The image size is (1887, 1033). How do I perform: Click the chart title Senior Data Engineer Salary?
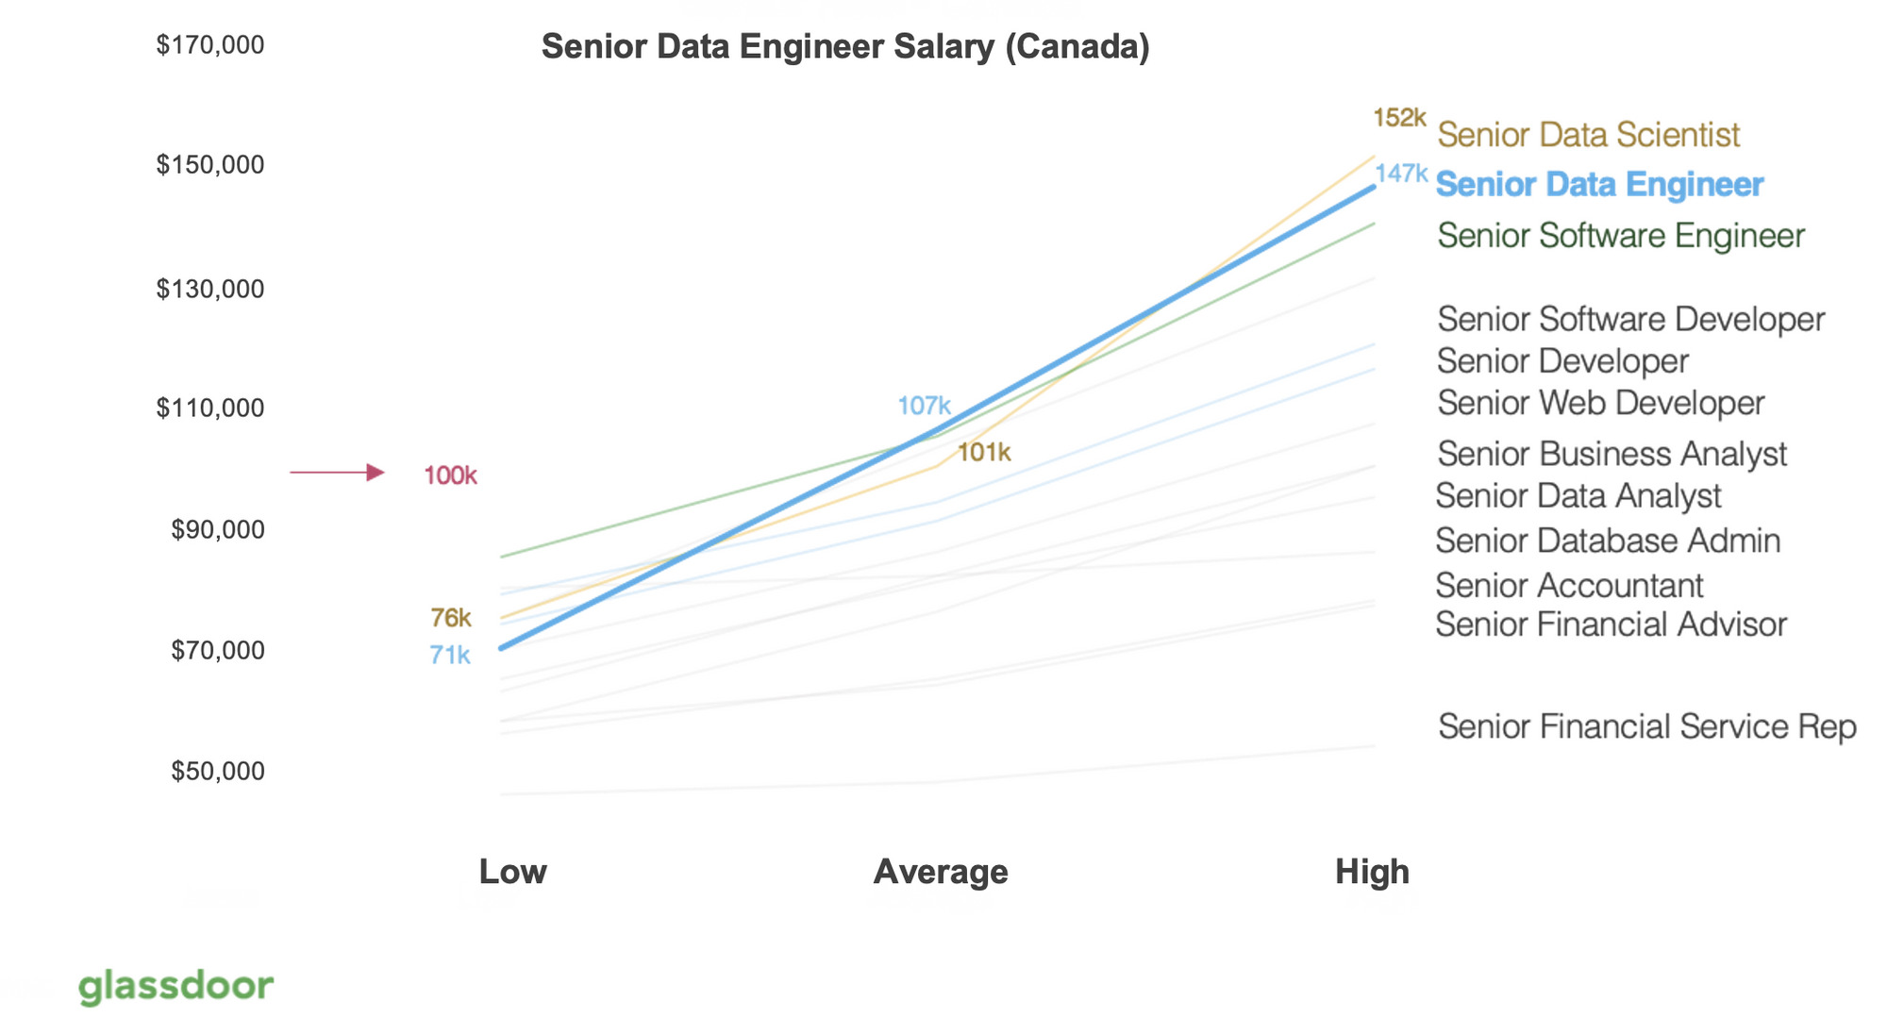click(x=844, y=46)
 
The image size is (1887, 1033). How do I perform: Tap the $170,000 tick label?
click(x=209, y=44)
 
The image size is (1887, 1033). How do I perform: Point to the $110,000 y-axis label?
click(x=209, y=408)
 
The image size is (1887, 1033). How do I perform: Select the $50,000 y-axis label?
click(x=217, y=771)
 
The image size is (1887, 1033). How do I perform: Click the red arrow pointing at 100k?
click(x=337, y=472)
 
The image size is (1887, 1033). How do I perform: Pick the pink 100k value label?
click(x=450, y=475)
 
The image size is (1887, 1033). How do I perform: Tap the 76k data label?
click(x=450, y=618)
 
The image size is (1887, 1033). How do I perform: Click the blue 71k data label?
click(x=449, y=655)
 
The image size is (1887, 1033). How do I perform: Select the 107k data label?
click(x=923, y=406)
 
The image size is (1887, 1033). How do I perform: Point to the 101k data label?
click(x=983, y=453)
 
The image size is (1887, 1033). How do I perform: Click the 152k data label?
click(x=1398, y=118)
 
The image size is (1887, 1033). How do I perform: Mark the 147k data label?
click(x=1401, y=174)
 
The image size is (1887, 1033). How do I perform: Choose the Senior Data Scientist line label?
click(x=1588, y=135)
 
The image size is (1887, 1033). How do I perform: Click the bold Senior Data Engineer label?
click(x=1599, y=185)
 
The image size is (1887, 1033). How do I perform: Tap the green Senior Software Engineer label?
click(x=1620, y=235)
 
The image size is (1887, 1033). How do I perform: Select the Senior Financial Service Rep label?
click(x=1646, y=726)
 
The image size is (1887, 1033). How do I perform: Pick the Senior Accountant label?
click(x=1569, y=586)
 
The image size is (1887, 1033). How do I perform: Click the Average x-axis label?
click(x=940, y=871)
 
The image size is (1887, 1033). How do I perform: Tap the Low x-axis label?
click(x=512, y=871)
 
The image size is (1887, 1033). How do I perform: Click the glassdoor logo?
click(x=175, y=986)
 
